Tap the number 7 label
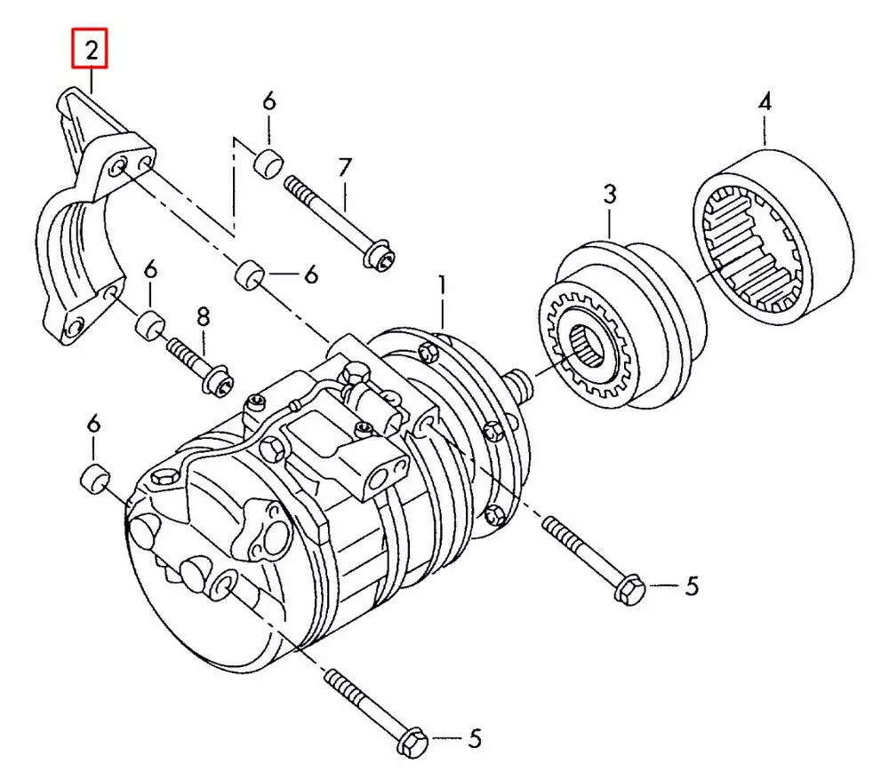pos(344,167)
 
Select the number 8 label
pos(204,316)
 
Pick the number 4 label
pos(765,104)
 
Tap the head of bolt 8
pos(215,381)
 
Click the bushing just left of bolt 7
pos(268,163)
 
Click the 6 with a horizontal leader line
pos(310,276)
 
